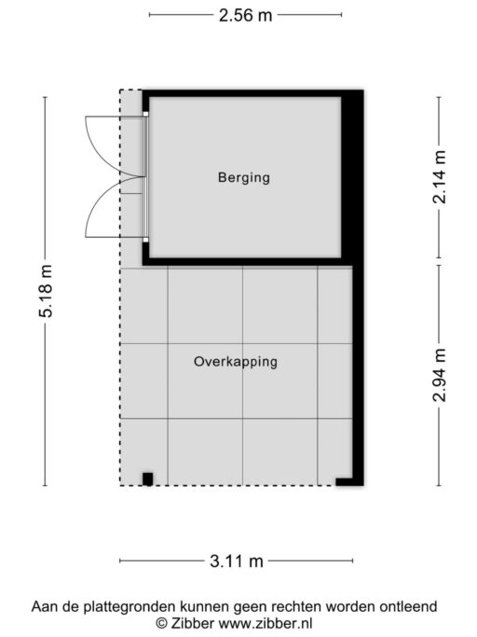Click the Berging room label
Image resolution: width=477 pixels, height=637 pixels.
(243, 177)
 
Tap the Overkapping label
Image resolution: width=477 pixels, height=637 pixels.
(236, 361)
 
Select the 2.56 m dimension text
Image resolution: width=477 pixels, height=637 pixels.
(245, 15)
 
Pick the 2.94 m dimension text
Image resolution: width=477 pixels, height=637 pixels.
(440, 374)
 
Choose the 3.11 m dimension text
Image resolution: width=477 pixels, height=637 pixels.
(236, 561)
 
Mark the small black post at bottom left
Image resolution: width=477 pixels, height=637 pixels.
(147, 478)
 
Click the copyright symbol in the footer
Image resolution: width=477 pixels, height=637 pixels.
(161, 622)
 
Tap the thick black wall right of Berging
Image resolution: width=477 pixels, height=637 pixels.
(352, 177)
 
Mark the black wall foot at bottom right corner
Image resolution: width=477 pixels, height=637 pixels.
(348, 481)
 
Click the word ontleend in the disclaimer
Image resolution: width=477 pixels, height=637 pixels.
(410, 606)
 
